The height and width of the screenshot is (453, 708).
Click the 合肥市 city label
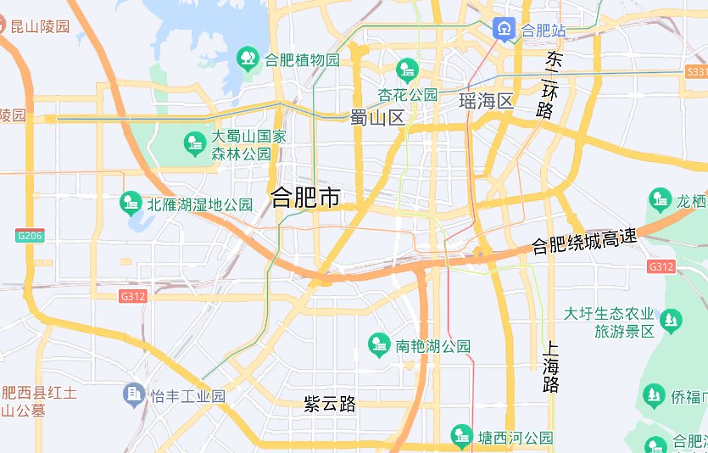[305, 199]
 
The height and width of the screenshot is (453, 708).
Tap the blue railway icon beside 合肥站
[504, 30]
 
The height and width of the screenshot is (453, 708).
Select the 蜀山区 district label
[378, 118]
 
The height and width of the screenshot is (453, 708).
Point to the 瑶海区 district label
[487, 102]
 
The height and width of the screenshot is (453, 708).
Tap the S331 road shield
[694, 73]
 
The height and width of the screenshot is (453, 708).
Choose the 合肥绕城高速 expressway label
[584, 242]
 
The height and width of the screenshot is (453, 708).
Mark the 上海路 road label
[551, 366]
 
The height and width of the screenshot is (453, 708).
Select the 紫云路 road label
[330, 404]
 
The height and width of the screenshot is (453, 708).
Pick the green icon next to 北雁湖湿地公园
[131, 202]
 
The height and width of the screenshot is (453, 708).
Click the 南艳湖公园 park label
[432, 346]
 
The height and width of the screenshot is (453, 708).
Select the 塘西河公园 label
[515, 438]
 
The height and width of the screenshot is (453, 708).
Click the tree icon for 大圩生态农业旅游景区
[672, 321]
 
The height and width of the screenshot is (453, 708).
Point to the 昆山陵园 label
[40, 26]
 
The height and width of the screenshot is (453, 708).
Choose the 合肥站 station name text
[544, 31]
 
